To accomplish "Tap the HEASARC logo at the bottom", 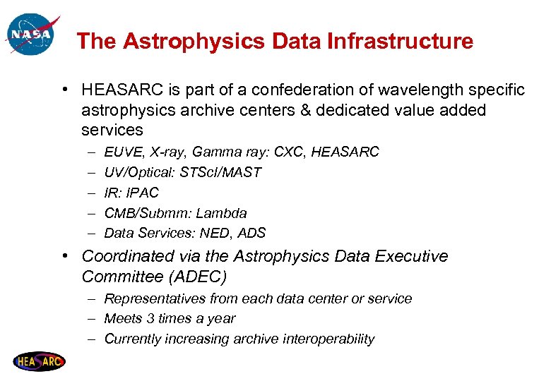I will click(39, 362).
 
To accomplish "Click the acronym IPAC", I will click(144, 193).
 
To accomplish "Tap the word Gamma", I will click(215, 152).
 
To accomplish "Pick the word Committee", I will click(119, 276).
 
